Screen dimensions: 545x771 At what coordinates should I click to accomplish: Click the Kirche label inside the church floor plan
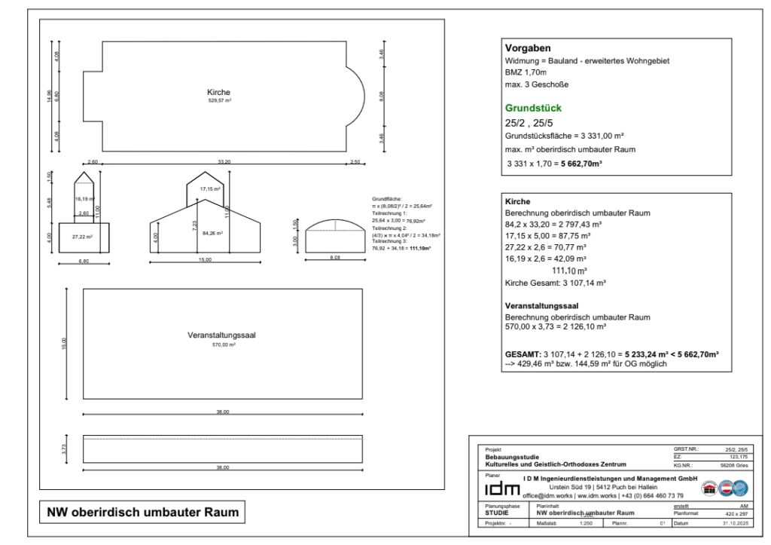(x=218, y=92)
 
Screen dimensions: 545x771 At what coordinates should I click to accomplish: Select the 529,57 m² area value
(x=219, y=100)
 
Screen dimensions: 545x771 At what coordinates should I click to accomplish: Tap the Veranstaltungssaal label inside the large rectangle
(x=222, y=335)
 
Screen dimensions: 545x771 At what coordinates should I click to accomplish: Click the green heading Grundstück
(x=533, y=108)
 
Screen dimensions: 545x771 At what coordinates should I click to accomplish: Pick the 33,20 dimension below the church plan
(x=224, y=161)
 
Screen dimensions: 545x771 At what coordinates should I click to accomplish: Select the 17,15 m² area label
(x=209, y=188)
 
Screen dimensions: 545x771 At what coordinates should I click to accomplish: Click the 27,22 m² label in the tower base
(x=83, y=236)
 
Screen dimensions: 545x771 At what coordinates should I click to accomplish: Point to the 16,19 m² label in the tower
(x=83, y=199)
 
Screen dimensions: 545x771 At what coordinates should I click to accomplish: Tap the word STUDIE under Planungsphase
(x=497, y=513)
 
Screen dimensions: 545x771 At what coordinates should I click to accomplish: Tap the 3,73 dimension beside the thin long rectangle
(x=66, y=449)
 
